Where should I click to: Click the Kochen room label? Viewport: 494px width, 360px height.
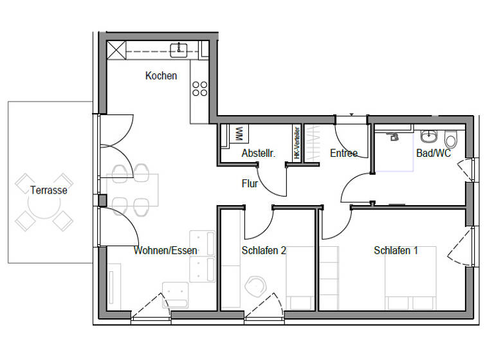click(x=161, y=76)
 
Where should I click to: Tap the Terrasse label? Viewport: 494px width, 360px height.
click(x=48, y=190)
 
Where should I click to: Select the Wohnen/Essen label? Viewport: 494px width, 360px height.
click(x=166, y=250)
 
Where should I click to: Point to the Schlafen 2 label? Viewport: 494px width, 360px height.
click(x=264, y=250)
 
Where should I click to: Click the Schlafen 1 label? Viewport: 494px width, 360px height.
click(x=396, y=250)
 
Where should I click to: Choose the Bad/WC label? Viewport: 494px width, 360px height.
click(x=434, y=154)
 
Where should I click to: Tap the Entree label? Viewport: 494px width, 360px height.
click(x=343, y=154)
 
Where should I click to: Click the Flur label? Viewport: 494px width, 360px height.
click(x=250, y=184)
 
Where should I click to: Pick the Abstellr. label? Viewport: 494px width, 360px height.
click(x=259, y=154)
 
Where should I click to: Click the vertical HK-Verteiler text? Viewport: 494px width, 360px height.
click(x=297, y=143)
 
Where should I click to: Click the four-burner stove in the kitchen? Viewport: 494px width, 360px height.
click(x=200, y=88)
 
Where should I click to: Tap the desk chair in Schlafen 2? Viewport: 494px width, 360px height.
click(x=255, y=285)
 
